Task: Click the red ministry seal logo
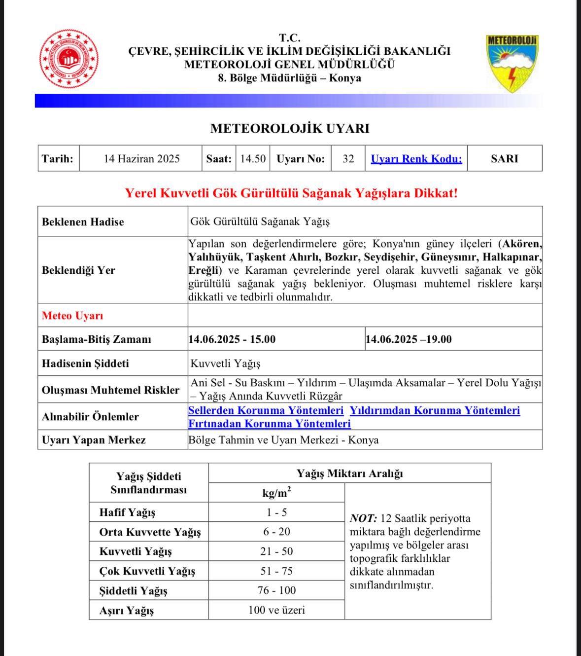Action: click(x=69, y=59)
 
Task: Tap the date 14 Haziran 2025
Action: click(x=141, y=159)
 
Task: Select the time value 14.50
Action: click(x=253, y=159)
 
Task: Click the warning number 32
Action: click(x=348, y=159)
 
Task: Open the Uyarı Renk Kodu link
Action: click(x=416, y=159)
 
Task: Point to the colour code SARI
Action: click(x=504, y=159)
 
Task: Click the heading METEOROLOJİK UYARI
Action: click(x=290, y=128)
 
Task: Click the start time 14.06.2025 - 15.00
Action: click(x=232, y=339)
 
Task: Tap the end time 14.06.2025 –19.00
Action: click(x=409, y=339)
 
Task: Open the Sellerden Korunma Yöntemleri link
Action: click(x=266, y=410)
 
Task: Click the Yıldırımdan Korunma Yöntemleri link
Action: click(x=435, y=410)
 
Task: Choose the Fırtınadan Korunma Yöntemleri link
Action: click(x=270, y=424)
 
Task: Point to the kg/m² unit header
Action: click(x=276, y=493)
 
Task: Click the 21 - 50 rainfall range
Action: click(x=276, y=551)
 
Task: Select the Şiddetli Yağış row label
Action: click(x=133, y=590)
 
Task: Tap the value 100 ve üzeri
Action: click(x=276, y=610)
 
